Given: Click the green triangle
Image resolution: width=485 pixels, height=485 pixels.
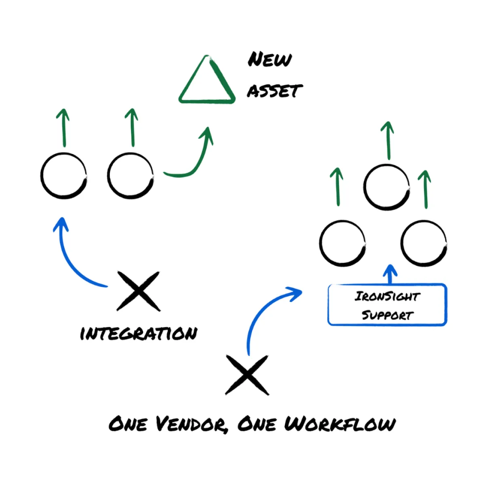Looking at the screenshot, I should pos(207,81).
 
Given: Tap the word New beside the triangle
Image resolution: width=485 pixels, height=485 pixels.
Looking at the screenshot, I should pos(269,60).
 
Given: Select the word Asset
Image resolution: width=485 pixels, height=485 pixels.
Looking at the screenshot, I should pos(274,91).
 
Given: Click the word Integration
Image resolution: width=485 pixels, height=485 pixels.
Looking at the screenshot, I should pos(139,334).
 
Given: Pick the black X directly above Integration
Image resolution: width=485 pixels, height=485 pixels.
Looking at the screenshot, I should pos(138,291).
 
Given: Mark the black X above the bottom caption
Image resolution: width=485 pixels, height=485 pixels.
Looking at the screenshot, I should pos(247,375).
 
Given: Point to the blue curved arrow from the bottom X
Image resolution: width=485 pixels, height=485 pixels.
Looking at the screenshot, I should pos(263,311).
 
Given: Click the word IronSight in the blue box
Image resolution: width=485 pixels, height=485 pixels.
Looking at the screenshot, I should pos(387,296).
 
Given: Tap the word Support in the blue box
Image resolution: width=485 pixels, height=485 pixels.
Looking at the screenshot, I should pos(387,315).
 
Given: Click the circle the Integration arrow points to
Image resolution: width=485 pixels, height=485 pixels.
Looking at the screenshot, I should pos(64,176).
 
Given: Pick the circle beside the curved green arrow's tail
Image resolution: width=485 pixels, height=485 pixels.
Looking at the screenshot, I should pos(131,176).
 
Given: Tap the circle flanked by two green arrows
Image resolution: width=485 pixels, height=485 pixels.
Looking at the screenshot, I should pos(387,187).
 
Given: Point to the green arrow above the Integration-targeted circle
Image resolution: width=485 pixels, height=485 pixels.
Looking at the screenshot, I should pos(63,127).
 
